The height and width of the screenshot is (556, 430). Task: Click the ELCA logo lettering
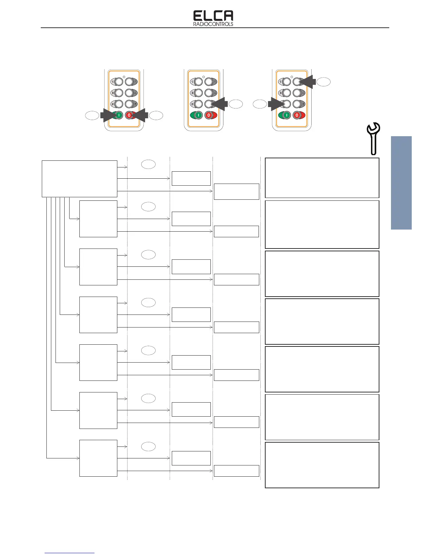[213, 16]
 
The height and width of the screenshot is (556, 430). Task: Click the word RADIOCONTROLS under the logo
[213, 24]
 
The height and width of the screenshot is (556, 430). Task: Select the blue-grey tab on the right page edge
[401, 183]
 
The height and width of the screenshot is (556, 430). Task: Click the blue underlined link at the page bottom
[70, 553]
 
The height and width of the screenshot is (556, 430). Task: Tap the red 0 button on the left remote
[129, 115]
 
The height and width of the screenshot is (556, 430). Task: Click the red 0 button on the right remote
[297, 115]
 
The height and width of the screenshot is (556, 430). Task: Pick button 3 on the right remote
[287, 93]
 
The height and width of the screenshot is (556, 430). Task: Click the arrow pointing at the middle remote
[220, 104]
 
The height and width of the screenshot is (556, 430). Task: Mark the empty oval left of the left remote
[92, 115]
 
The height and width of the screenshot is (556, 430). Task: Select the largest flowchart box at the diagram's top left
[79, 179]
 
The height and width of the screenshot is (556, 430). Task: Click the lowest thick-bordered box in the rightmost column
[322, 465]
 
